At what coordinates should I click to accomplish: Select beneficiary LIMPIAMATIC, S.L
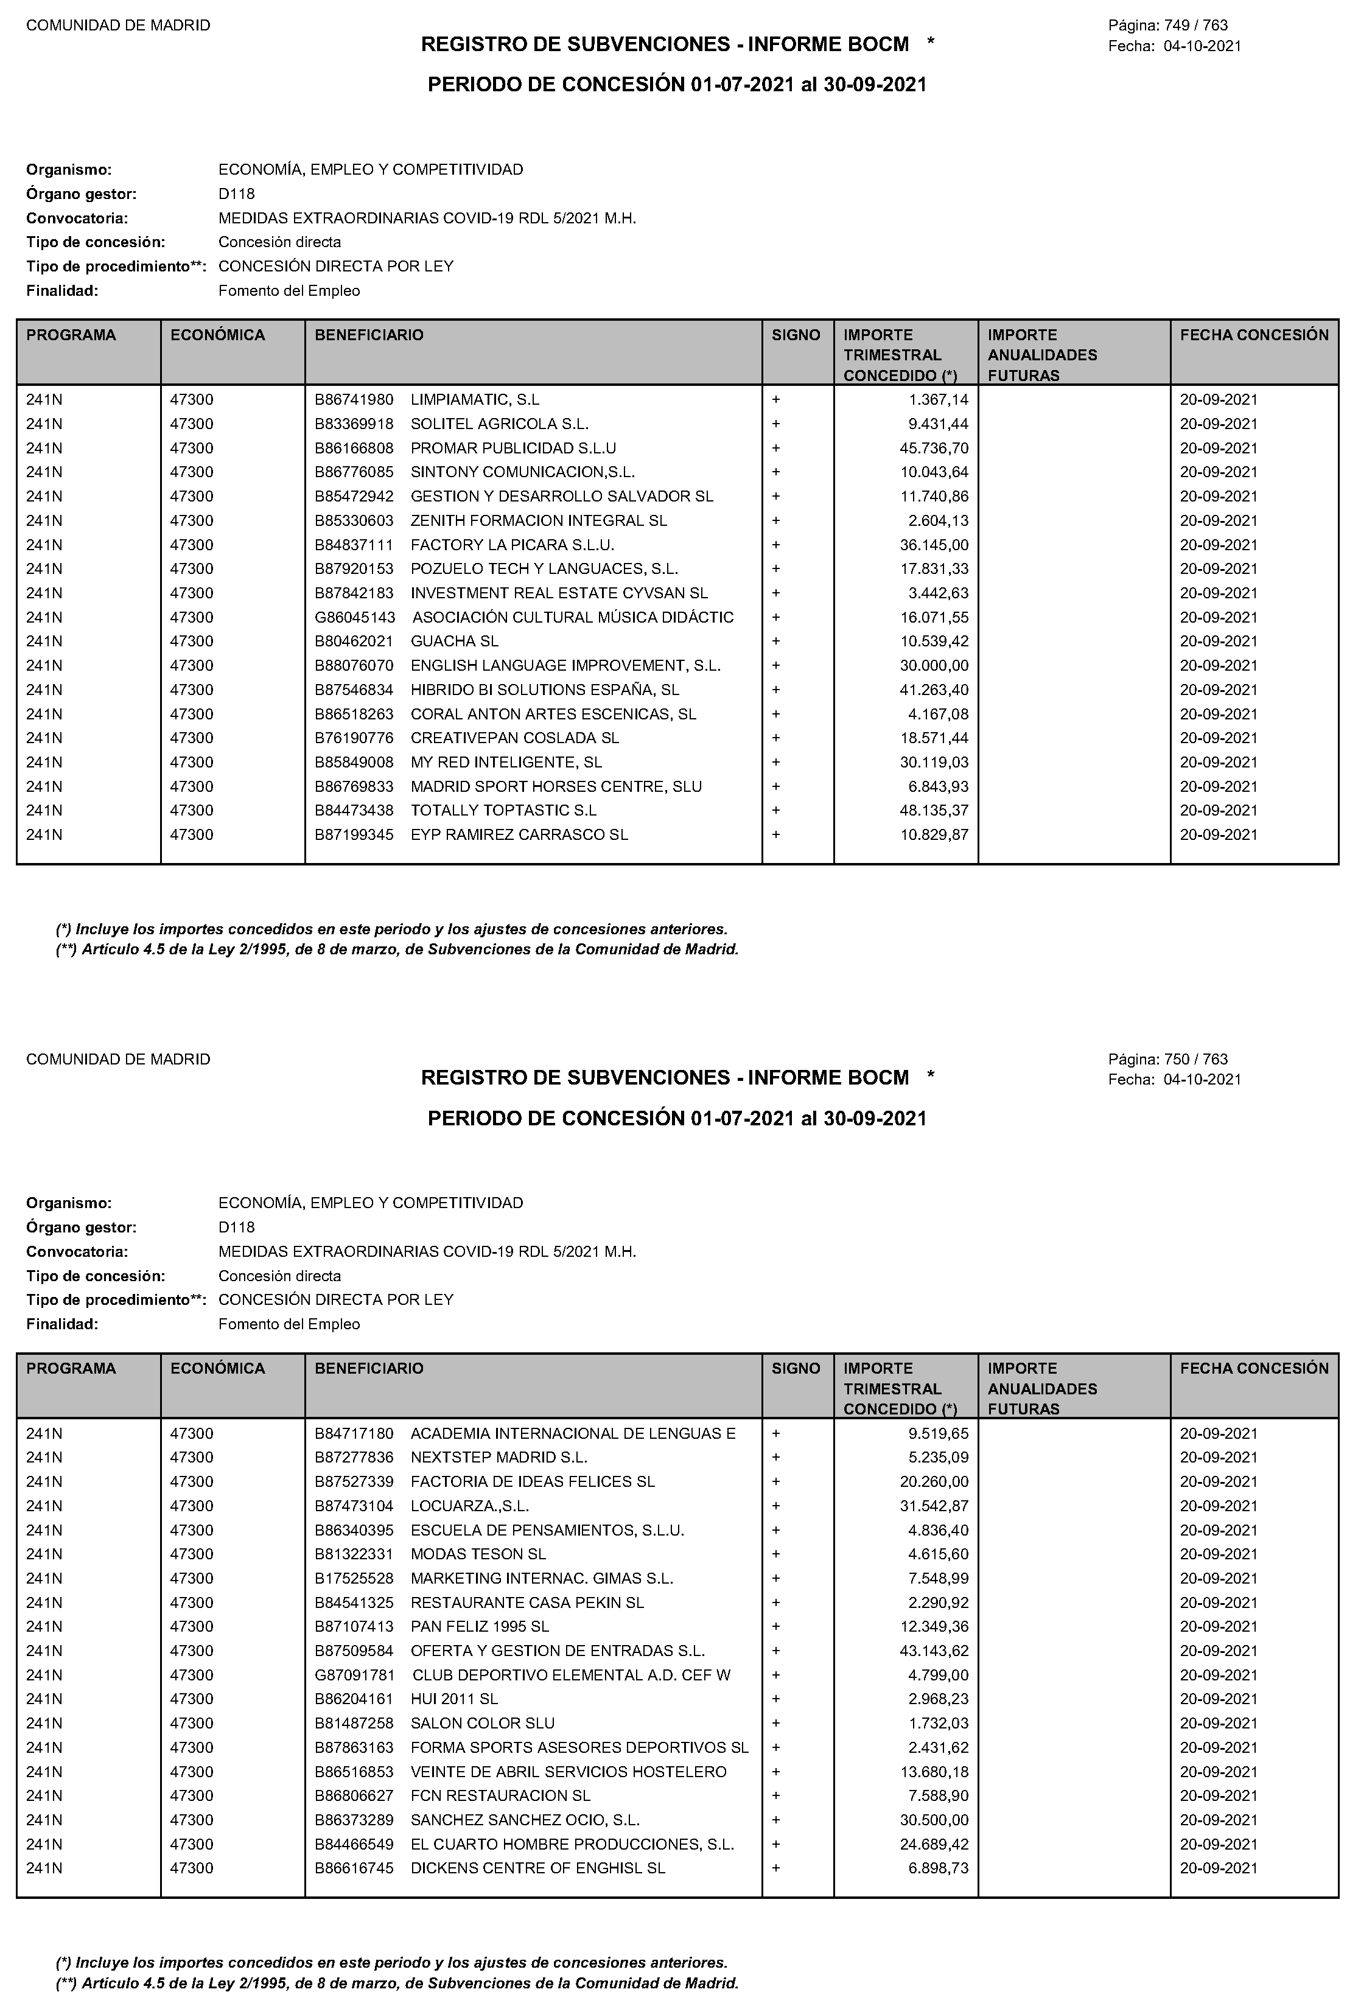475,400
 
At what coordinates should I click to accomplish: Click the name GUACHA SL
454,641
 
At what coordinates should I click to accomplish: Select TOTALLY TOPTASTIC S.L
503,811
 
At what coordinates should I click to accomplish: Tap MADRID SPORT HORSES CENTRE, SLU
556,786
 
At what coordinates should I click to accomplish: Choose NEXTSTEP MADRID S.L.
499,1457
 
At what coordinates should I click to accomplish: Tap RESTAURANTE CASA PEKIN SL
527,1602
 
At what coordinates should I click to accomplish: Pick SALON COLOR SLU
483,1723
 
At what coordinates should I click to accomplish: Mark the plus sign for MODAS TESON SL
776,1554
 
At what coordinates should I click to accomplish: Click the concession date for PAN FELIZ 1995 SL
1219,1626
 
